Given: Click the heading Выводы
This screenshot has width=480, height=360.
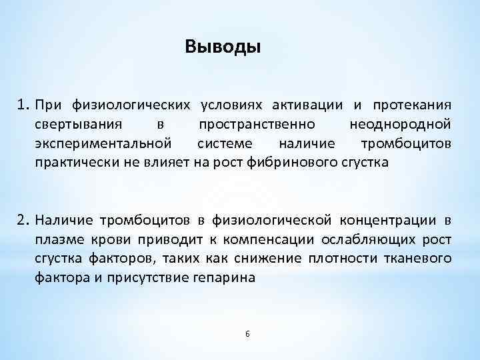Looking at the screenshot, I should coord(223,47).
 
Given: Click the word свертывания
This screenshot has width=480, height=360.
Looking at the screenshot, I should coord(78,124).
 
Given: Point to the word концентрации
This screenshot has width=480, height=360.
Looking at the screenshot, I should coord(389,220).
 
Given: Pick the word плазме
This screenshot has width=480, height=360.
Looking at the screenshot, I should coord(58,239).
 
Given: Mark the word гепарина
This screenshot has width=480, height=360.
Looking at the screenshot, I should coord(221,278).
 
